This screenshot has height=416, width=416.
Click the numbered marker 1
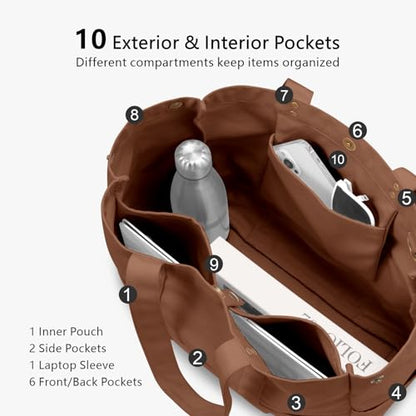(128, 294)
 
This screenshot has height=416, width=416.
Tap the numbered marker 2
(197, 358)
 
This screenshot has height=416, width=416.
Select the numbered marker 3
(296, 402)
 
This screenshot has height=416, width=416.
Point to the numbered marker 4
(397, 392)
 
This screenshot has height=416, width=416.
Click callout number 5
(407, 198)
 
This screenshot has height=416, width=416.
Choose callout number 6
(358, 131)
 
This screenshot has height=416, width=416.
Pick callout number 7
(284, 95)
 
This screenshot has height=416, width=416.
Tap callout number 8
(134, 115)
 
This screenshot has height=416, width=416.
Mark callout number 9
(214, 264)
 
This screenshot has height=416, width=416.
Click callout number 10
(337, 159)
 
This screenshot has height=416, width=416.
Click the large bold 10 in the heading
(91, 39)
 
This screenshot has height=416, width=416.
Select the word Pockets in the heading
(307, 43)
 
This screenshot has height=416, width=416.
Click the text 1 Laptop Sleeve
(72, 365)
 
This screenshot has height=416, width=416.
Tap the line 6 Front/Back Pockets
(86, 382)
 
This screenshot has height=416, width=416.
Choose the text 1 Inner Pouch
(66, 332)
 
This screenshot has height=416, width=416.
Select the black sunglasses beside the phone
(351, 202)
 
